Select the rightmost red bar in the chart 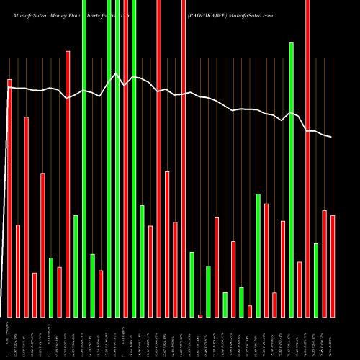tap(333, 266)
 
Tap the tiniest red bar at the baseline tap(200, 315)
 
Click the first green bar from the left tap(51, 287)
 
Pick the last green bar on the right tap(316, 280)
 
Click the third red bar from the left tap(27, 217)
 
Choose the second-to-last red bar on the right tap(325, 264)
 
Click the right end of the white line tap(332, 137)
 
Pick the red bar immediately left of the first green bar tap(42, 245)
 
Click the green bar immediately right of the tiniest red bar tap(209, 291)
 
